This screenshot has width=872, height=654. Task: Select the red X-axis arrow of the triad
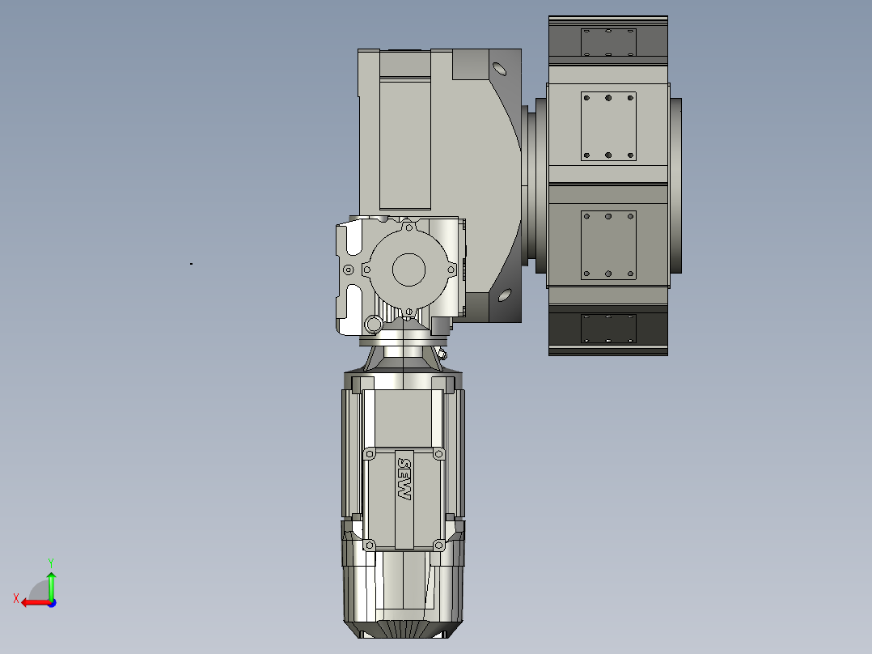(x=31, y=602)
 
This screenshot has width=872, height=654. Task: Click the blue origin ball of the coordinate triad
(x=51, y=602)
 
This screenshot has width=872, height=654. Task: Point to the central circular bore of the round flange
(x=408, y=269)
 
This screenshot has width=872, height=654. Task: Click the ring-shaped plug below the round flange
(x=372, y=325)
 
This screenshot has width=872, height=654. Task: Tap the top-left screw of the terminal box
(x=370, y=455)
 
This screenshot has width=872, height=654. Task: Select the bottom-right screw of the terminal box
(x=438, y=545)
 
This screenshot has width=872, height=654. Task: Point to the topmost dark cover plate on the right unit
(x=608, y=42)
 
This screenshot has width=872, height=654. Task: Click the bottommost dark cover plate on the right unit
(x=608, y=328)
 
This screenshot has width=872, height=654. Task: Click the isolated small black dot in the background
(x=191, y=263)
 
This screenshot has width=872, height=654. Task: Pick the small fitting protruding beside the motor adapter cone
(x=442, y=354)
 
